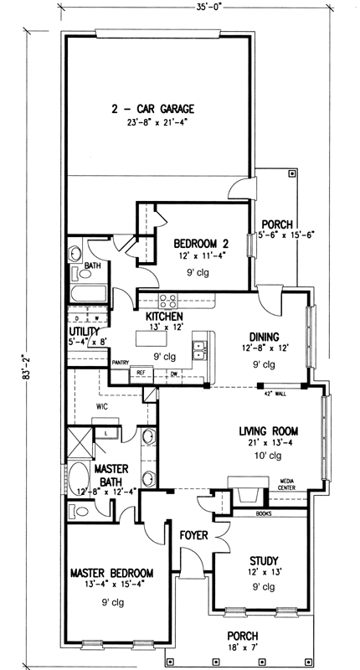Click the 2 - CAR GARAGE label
[152, 109]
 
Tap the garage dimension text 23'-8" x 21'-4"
[152, 124]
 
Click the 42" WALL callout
[273, 392]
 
